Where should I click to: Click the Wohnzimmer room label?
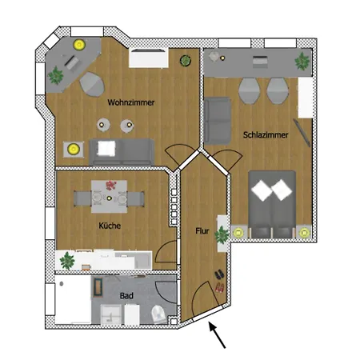(x=131, y=102)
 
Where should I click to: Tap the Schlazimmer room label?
(x=266, y=135)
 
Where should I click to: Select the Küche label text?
(x=110, y=226)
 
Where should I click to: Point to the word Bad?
(x=126, y=295)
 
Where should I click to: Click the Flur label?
(x=202, y=230)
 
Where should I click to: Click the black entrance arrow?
(x=217, y=335)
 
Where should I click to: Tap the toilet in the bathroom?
(x=159, y=314)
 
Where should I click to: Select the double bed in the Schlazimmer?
(x=272, y=204)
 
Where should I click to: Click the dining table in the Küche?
(x=109, y=197)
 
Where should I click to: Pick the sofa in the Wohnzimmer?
(x=122, y=151)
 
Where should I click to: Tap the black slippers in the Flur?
(x=219, y=274)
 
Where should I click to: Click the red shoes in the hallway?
(x=220, y=288)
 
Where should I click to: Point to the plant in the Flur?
(x=222, y=234)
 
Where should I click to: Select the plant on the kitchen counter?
(x=67, y=261)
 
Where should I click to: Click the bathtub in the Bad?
(x=73, y=299)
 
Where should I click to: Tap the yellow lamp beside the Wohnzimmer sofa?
(x=74, y=149)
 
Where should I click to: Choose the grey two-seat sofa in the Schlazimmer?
(x=218, y=121)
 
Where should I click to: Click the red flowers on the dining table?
(x=111, y=185)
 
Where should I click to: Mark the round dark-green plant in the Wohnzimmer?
(x=186, y=61)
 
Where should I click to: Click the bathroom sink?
(x=111, y=314)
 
